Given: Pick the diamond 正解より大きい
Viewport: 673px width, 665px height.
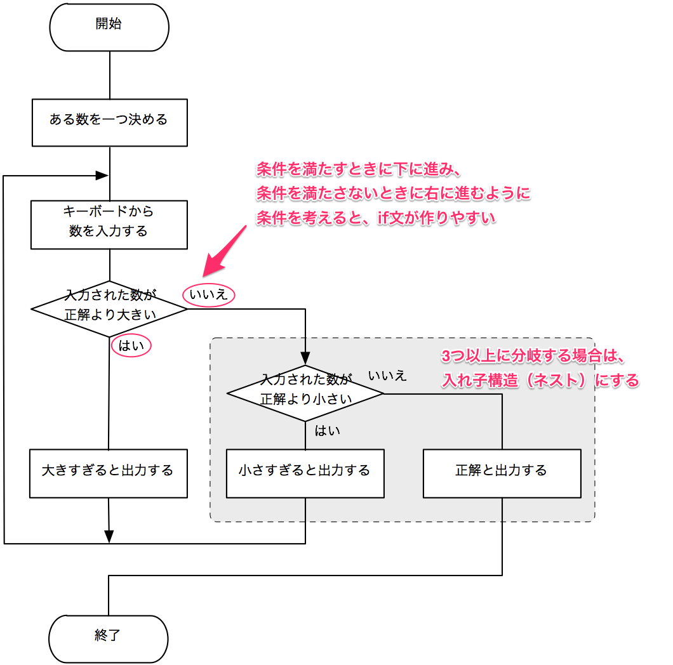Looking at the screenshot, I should (x=109, y=309).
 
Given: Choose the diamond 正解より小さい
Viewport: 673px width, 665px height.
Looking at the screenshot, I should (x=305, y=393).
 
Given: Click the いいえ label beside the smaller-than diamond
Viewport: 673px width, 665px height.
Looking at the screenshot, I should (x=387, y=376).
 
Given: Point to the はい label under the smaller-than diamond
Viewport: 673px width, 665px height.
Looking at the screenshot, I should (x=328, y=431).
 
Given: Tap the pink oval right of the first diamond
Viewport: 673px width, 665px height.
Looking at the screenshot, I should (x=209, y=294).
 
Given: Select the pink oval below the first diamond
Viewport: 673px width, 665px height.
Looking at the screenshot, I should (x=131, y=345).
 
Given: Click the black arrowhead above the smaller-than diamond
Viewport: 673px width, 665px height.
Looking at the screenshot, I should (x=305, y=359).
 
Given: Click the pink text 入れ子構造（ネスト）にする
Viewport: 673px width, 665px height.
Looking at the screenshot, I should (x=540, y=380).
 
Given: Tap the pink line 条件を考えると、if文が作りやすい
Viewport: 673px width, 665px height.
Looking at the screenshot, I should (x=376, y=218).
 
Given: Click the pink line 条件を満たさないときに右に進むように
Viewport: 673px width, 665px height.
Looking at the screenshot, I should (x=393, y=193).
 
